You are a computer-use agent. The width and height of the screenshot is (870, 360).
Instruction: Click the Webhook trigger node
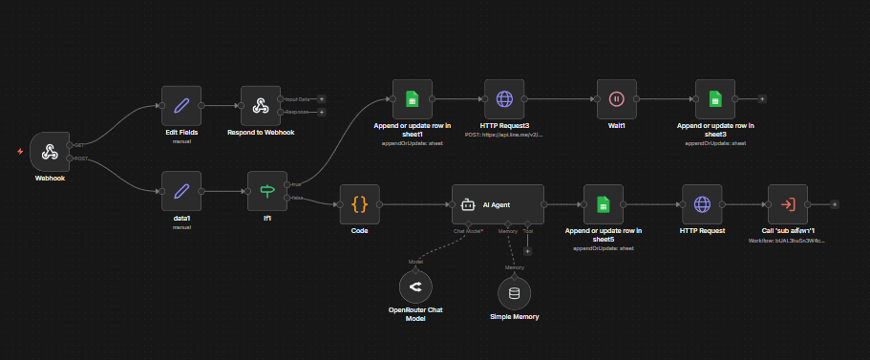point(50,151)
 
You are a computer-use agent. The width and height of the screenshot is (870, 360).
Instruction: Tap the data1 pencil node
point(181,191)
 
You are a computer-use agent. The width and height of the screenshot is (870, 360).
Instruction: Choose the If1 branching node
point(266,191)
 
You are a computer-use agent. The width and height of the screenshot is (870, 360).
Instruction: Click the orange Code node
point(360,203)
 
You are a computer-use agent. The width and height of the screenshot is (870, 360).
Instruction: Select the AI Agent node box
point(498,203)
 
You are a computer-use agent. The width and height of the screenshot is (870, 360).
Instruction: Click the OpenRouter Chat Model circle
point(415,286)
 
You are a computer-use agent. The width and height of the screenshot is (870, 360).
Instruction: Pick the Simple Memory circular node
point(514,293)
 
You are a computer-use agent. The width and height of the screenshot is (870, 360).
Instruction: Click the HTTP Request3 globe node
point(504,98)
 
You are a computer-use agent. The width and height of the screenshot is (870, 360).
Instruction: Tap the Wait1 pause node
point(616,98)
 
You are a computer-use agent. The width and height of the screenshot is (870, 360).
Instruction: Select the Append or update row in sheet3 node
point(715,98)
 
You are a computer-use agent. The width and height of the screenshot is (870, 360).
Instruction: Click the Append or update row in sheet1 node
point(412,98)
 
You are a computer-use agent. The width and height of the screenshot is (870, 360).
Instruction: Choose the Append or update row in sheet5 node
point(603,203)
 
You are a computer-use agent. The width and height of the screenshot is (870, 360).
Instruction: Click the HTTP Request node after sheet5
point(702,203)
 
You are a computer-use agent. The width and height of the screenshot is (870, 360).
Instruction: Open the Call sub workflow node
point(788,203)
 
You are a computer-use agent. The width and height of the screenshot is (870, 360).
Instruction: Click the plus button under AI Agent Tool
point(527,250)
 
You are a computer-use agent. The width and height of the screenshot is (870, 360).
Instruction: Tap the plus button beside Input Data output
point(322,98)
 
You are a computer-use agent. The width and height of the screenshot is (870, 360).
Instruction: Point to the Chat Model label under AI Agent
point(467,230)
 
